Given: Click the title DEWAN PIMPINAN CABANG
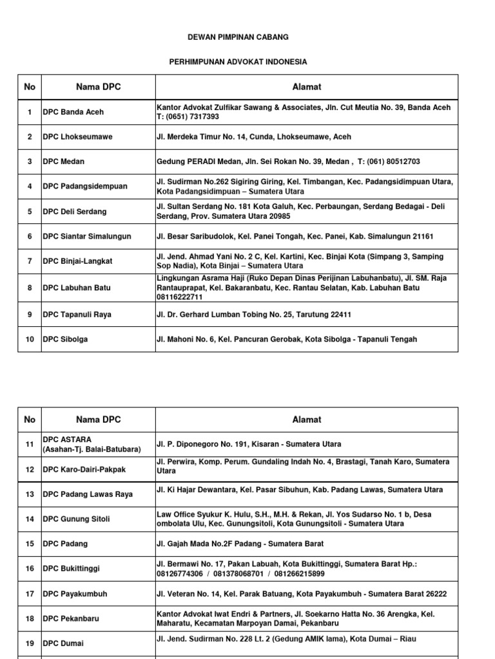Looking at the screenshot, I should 238,38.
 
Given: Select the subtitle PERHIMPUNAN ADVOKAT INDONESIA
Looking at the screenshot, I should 238,62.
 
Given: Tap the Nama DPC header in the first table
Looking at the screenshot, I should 98,87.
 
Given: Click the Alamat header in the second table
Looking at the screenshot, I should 306,420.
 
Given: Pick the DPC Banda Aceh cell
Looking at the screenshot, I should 73,112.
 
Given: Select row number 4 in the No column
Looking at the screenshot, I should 29,187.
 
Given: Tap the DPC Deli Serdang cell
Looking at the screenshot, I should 75,212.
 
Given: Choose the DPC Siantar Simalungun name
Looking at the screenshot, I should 86,236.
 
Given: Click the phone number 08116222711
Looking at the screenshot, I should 179,297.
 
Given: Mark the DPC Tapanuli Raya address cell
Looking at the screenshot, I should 254,315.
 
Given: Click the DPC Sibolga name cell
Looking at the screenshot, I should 65,339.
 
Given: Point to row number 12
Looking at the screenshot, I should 29,469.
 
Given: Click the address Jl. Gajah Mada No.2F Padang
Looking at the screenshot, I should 240,544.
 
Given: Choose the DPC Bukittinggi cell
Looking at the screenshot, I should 72,569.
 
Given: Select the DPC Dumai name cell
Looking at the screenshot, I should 63,643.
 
